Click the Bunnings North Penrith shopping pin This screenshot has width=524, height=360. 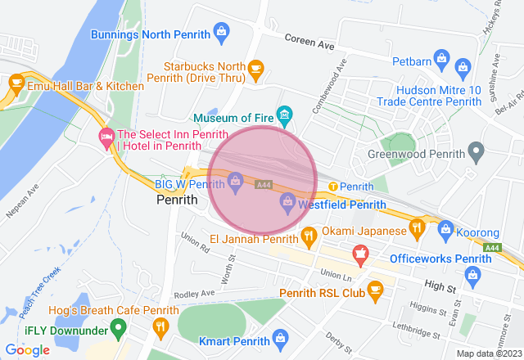click(220, 32)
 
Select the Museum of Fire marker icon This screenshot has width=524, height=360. click(284, 115)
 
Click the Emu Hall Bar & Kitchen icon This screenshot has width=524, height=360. click(16, 83)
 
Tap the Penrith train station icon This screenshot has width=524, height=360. click(333, 187)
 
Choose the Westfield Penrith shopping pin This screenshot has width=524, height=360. click(287, 201)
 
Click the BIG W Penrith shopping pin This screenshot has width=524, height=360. click(235, 179)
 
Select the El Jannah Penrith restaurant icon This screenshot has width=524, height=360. click(309, 238)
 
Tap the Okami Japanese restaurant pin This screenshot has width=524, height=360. click(417, 229)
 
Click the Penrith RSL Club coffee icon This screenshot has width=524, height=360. click(375, 290)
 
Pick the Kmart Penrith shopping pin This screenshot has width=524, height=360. click(281, 337)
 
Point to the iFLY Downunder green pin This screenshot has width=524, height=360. click(117, 328)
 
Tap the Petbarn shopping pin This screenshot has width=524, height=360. click(441, 58)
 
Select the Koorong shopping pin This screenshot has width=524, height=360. click(445, 229)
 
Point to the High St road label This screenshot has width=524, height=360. click(440, 286)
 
